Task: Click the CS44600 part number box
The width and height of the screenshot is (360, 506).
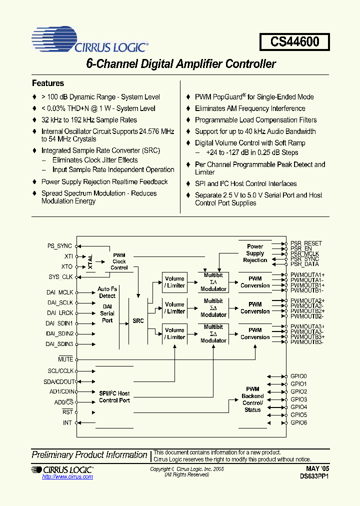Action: [294, 42]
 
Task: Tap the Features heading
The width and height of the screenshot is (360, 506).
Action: [48, 83]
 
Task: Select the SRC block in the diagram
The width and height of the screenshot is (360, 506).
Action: [138, 320]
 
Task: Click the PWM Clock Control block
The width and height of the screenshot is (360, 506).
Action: [119, 261]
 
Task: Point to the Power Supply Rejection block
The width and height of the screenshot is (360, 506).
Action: [255, 253]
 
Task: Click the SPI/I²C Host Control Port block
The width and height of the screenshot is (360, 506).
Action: [114, 397]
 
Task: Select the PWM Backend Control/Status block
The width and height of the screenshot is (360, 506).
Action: [252, 399]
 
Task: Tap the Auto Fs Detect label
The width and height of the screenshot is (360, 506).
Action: [107, 292]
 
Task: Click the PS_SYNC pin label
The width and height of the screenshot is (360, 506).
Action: [59, 246]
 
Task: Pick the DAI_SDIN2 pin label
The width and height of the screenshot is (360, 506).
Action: [60, 333]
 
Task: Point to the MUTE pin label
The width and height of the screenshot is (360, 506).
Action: [65, 359]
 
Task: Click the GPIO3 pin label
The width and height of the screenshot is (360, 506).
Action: [298, 399]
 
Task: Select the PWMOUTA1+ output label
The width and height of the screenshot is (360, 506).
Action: [307, 275]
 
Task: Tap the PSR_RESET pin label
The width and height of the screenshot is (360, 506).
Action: [306, 243]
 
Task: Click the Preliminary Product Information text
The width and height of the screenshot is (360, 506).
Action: [89, 455]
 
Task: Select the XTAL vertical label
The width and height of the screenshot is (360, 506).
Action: [90, 261]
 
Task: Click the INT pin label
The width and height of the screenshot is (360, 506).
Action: [68, 423]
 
